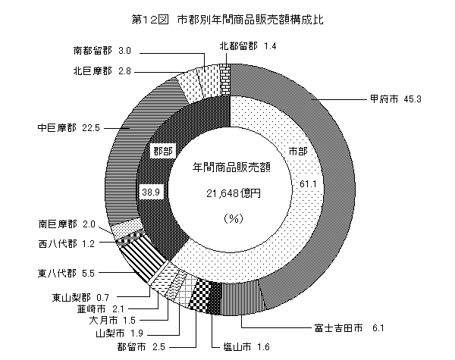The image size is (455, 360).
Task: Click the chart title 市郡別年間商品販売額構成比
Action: click(250, 20)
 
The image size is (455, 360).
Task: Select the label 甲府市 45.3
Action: click(395, 99)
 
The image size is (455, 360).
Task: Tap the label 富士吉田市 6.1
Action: click(349, 328)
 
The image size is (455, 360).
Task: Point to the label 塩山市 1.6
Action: click(246, 346)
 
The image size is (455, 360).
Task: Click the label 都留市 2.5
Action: click(141, 346)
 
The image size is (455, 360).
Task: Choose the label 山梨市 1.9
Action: click(119, 333)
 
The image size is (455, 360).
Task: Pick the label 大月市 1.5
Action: click(112, 321)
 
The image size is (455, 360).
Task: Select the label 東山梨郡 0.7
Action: click(80, 297)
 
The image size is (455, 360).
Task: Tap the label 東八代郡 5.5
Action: click(66, 274)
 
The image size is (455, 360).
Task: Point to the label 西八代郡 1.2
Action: click(67, 244)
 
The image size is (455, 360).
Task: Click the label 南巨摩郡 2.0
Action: click(67, 224)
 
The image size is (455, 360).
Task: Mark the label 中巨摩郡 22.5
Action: click(68, 127)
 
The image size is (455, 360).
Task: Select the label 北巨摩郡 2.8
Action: click(102, 71)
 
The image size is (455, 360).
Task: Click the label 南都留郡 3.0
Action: click(102, 51)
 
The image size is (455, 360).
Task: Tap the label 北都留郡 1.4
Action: click(247, 45)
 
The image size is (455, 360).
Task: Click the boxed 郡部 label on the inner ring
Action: click(163, 151)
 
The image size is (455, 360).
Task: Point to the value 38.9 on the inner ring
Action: click(151, 192)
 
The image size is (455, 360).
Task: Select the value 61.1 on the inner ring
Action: click(308, 184)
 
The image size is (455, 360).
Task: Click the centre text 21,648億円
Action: click(234, 193)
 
